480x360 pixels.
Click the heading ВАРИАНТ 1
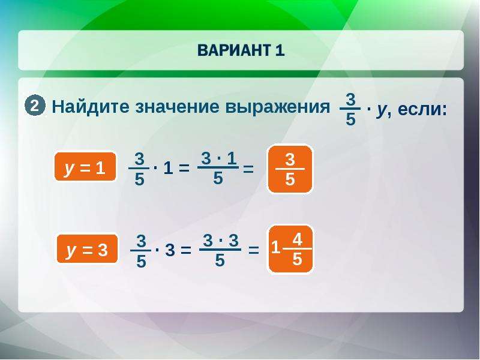click(241, 50)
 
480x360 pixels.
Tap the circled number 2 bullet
click(35, 106)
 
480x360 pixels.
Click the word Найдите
click(91, 107)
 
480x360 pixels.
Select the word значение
click(177, 107)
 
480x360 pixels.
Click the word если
click(422, 109)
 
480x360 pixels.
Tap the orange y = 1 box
click(85, 167)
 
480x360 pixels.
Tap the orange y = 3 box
click(87, 249)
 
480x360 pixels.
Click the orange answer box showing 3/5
click(290, 169)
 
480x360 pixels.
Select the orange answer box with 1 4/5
click(291, 249)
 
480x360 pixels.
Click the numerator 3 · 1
click(218, 158)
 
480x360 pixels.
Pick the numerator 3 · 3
click(220, 241)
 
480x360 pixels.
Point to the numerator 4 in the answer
click(297, 239)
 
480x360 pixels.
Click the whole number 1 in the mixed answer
click(275, 247)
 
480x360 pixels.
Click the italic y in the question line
click(382, 110)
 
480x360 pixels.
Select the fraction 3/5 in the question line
click(350, 109)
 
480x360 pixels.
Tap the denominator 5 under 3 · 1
click(218, 178)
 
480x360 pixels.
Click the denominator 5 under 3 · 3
click(220, 260)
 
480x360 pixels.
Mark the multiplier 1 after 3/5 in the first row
click(168, 168)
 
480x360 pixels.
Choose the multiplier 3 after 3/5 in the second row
click(170, 250)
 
